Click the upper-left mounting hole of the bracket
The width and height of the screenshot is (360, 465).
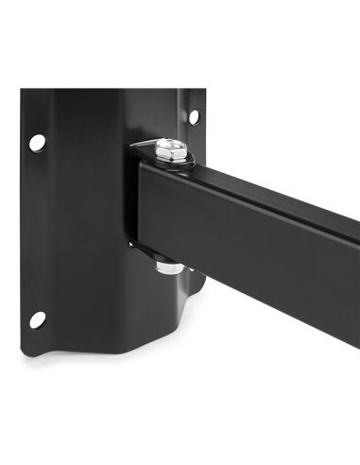coord(37,142)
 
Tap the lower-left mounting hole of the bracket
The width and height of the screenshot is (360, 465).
coord(37,319)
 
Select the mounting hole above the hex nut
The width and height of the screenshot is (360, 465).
coord(194,117)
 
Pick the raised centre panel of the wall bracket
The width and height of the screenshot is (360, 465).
coord(90,217)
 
